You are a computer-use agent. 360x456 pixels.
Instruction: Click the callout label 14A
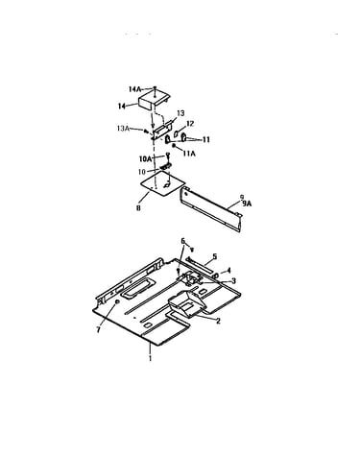(134, 89)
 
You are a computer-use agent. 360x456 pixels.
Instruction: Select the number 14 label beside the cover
(122, 107)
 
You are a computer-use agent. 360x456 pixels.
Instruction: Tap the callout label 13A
(123, 129)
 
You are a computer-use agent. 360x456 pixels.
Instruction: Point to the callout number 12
(190, 124)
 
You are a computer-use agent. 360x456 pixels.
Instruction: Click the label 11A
(189, 154)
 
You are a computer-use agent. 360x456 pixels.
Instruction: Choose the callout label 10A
(145, 159)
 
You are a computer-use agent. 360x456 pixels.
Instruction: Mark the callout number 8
(138, 208)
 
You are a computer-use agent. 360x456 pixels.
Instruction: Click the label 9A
(247, 203)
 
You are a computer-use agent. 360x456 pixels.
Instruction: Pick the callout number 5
(214, 256)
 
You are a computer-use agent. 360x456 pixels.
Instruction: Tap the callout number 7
(99, 330)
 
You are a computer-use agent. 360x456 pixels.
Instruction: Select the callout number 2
(218, 321)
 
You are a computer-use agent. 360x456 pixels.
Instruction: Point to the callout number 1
(150, 358)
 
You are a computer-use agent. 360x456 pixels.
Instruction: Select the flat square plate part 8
(163, 183)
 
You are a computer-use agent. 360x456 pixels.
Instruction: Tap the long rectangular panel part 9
(210, 208)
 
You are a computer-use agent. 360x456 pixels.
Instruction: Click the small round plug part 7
(117, 301)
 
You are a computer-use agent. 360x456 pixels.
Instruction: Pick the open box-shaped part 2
(186, 303)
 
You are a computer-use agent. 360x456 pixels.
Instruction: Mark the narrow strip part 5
(201, 265)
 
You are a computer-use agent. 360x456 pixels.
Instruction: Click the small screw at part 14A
(155, 88)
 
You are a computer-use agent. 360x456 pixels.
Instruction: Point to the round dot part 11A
(174, 147)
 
